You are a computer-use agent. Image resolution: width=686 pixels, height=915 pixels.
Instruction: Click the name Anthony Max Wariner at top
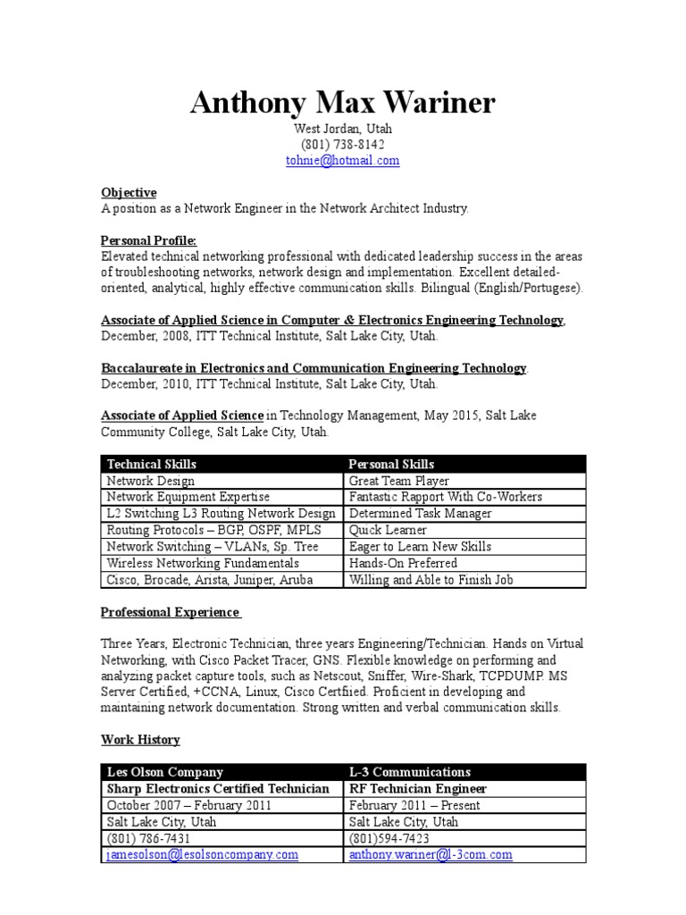tap(342, 104)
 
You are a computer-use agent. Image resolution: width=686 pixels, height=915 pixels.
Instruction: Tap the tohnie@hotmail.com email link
tap(342, 161)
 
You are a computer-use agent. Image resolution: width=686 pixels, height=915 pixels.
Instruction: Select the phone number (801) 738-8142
tap(342, 145)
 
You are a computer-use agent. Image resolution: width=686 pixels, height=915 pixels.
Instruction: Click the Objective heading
tap(129, 192)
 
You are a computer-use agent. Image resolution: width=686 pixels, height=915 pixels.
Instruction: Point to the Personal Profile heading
tap(148, 241)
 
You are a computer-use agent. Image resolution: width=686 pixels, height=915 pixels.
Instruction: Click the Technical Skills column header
tap(152, 464)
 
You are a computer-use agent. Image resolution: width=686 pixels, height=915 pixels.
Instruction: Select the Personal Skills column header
tap(391, 464)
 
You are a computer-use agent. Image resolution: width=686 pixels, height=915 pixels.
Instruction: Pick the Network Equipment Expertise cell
tap(188, 497)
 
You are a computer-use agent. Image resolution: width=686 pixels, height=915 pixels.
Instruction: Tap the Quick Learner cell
tap(388, 530)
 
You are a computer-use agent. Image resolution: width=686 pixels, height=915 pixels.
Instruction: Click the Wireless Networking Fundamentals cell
tap(203, 563)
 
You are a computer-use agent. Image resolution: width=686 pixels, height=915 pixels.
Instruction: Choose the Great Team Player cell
tap(399, 481)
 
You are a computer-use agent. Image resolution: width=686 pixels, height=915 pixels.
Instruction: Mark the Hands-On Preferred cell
tap(403, 563)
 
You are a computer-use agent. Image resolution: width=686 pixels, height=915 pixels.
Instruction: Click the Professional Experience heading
tap(170, 612)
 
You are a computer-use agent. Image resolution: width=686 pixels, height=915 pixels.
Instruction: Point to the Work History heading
tap(140, 740)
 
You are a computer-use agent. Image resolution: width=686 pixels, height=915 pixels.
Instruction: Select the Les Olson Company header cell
tap(165, 772)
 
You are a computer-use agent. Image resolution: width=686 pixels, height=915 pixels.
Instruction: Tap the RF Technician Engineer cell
tap(418, 789)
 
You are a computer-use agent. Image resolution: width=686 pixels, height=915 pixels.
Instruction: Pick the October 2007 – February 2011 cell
tap(189, 805)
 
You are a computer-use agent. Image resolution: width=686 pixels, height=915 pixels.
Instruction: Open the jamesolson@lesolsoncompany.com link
tap(202, 855)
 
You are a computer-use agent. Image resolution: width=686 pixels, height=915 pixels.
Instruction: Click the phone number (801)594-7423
tap(389, 838)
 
